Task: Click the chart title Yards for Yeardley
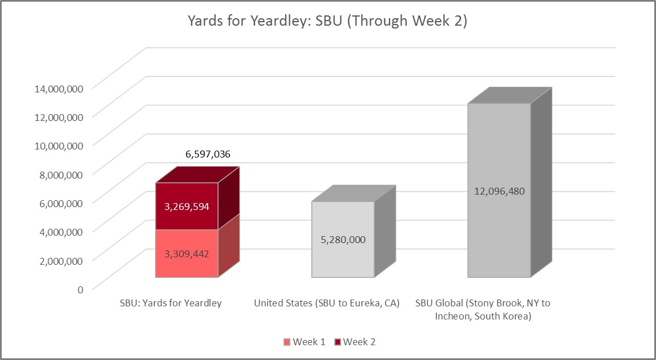328,22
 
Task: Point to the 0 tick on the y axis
80,289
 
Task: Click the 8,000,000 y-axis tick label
59,174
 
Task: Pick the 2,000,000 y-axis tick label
59,260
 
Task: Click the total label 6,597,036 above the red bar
208,154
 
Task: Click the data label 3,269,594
187,207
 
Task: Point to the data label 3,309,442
187,254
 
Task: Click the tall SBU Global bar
499,240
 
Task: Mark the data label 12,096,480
499,191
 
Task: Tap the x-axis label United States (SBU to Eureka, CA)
327,304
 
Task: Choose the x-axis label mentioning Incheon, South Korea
483,310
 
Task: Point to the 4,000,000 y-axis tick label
59,231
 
